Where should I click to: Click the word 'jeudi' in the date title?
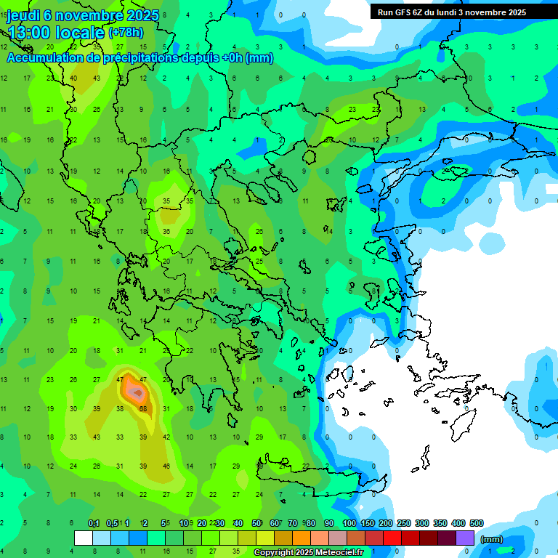[24, 15]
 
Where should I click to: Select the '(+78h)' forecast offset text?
[126, 33]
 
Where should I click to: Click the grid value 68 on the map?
[143, 409]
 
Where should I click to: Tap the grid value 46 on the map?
[166, 466]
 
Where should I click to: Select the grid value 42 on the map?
[166, 437]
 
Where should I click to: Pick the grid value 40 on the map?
[73, 78]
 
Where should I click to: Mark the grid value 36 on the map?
[166, 232]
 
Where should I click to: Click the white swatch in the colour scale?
[84, 538]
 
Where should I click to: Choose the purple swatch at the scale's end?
[466, 538]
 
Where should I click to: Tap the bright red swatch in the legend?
[392, 538]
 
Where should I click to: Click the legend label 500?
[476, 524]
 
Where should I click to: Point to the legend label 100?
[349, 524]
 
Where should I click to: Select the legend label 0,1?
[94, 524]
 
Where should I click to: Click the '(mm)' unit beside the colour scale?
[492, 539]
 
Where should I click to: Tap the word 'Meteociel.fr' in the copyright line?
[341, 553]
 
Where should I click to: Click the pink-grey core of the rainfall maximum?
[135, 392]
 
